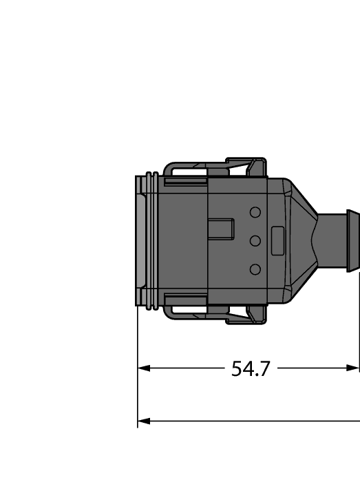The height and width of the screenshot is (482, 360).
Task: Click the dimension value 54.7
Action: click(x=251, y=369)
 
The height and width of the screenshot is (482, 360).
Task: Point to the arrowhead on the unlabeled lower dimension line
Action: click(x=144, y=420)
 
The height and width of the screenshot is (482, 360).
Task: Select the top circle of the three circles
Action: click(x=255, y=212)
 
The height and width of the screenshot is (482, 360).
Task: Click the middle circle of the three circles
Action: click(x=255, y=240)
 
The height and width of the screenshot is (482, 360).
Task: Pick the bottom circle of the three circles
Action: click(x=255, y=269)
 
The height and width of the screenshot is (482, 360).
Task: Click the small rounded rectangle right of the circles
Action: click(x=278, y=240)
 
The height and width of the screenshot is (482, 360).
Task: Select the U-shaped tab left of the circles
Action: click(x=222, y=229)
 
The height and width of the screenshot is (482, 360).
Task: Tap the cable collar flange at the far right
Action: click(x=352, y=240)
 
